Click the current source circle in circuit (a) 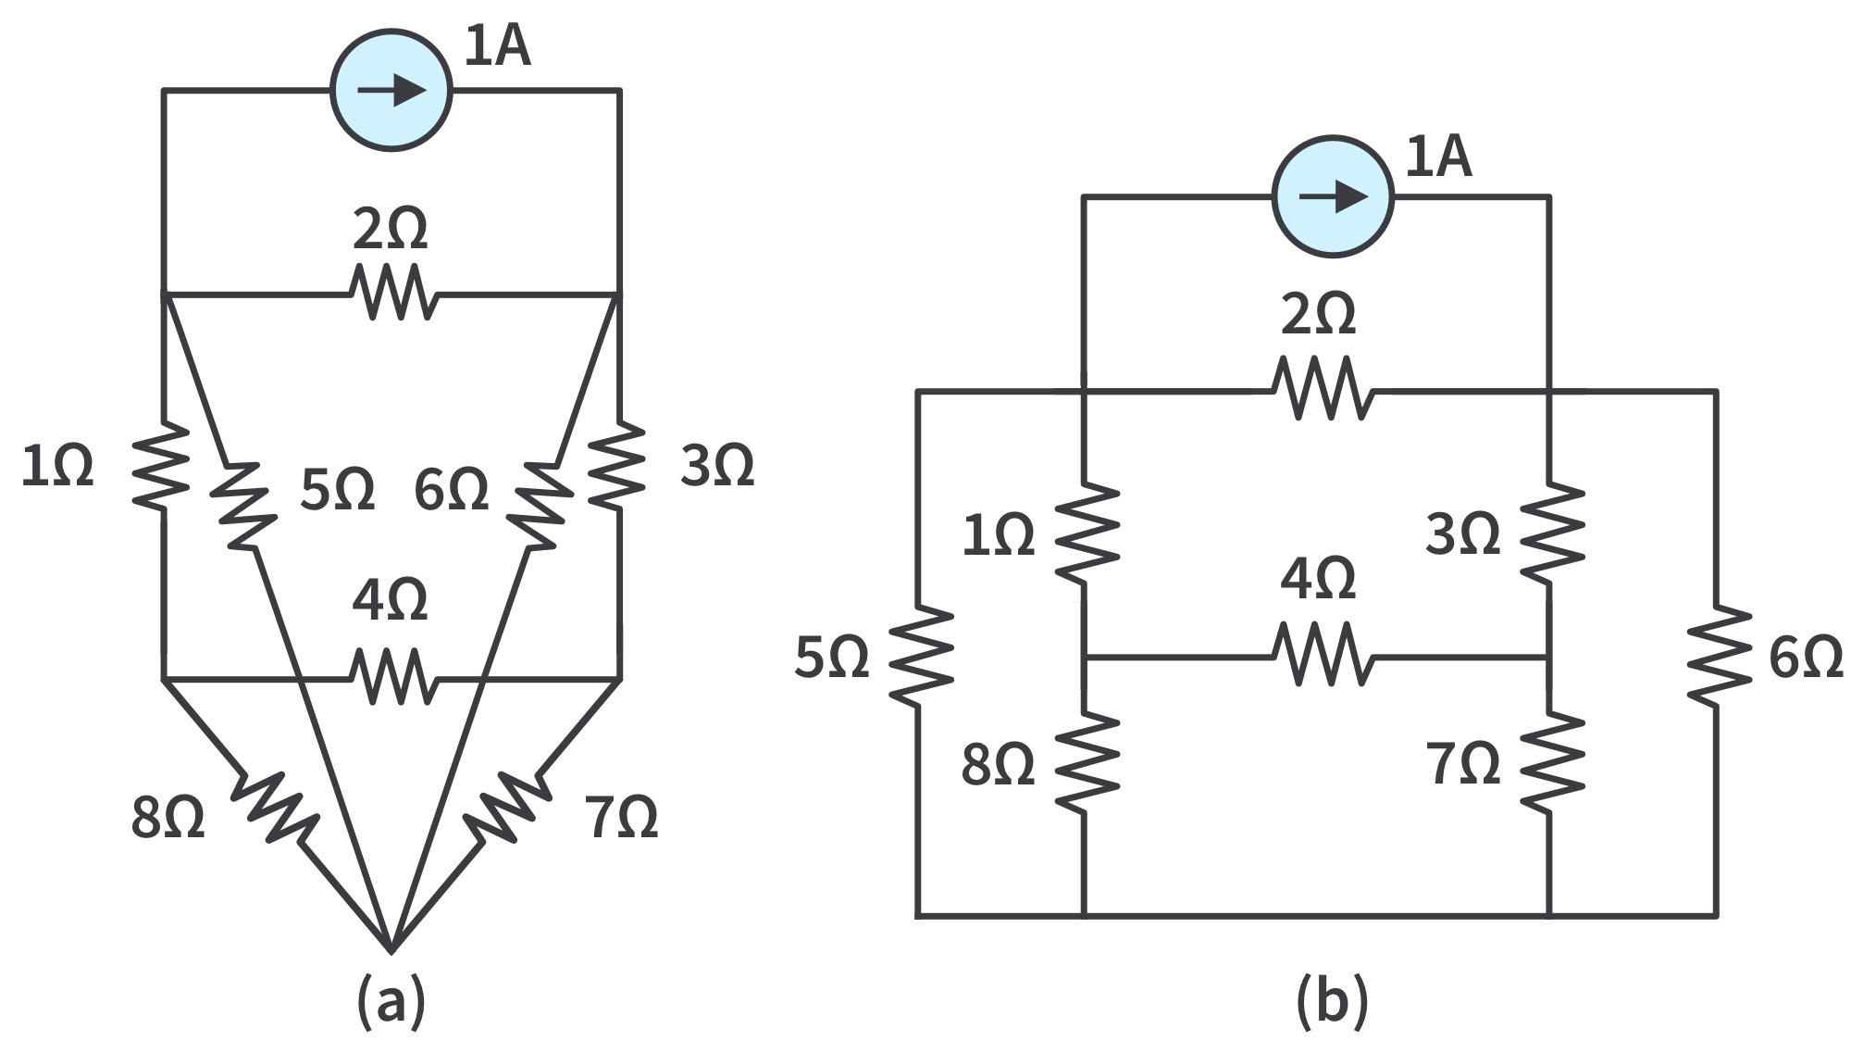(391, 91)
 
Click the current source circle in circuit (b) (1333, 196)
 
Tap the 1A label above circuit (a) (497, 46)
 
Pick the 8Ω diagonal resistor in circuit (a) (275, 805)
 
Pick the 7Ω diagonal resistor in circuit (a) (507, 805)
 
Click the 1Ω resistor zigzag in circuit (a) (162, 466)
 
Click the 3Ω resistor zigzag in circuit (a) (618, 466)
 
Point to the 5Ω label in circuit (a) (337, 489)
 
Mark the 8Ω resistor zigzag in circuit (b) (1085, 762)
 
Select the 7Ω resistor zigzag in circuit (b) (1550, 762)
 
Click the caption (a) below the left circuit (391, 1002)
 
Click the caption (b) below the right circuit (1332, 1002)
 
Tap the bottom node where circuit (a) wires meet (391, 948)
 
